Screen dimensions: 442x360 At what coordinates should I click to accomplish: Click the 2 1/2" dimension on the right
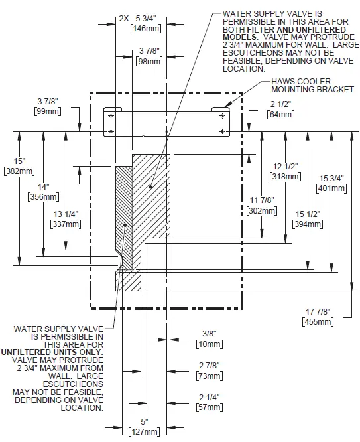click(281, 104)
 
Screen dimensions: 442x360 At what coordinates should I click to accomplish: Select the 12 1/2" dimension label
click(284, 167)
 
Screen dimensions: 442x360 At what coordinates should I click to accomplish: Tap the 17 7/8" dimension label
click(318, 311)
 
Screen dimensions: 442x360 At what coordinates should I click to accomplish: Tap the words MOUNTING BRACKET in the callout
click(312, 90)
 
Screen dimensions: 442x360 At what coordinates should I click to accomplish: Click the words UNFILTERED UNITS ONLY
click(58, 351)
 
